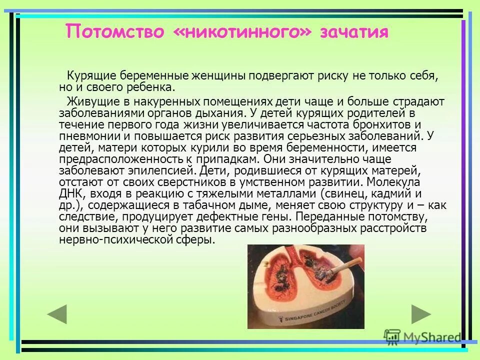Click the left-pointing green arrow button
(57, 314)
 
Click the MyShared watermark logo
(422, 336)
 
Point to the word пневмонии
(84, 136)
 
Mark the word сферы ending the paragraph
(198, 239)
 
